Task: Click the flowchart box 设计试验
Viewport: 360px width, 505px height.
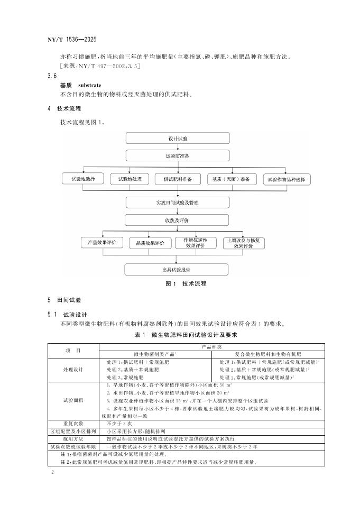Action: [x=178, y=139]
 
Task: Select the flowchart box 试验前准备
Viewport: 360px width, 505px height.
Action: [x=178, y=157]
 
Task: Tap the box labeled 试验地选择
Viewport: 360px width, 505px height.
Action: [x=82, y=179]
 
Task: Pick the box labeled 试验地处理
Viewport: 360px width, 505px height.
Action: [x=129, y=179]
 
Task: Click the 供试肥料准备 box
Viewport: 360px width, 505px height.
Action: [x=178, y=179]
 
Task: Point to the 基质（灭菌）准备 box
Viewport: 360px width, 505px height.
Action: [x=231, y=179]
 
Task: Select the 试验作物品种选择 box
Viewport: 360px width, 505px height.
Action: [x=286, y=179]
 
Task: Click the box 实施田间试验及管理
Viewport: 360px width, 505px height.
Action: [x=178, y=203]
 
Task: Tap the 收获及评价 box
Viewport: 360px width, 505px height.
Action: [x=178, y=220]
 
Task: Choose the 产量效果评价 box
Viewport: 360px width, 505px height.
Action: [x=102, y=243]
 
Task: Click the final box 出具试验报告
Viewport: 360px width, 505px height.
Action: [x=178, y=269]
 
